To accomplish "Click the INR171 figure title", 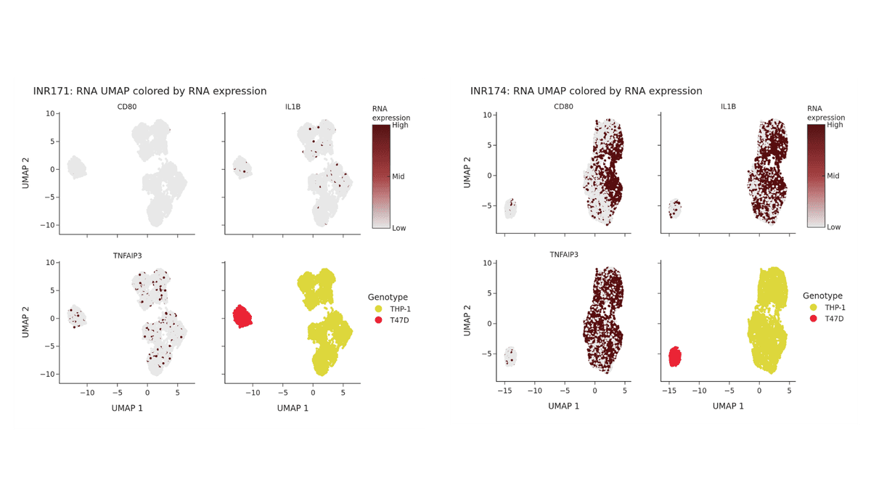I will click(150, 91).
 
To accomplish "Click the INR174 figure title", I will click(586, 91).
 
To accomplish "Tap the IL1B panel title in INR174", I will click(728, 107).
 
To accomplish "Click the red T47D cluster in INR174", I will click(674, 357).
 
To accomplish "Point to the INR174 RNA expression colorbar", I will click(816, 176).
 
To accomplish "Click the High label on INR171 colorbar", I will click(400, 125).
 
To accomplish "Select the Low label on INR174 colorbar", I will click(833, 227).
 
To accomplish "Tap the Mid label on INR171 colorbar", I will click(398, 176).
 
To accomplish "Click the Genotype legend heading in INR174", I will click(822, 295).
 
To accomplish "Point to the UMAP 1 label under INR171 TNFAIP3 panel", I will click(128, 407).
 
